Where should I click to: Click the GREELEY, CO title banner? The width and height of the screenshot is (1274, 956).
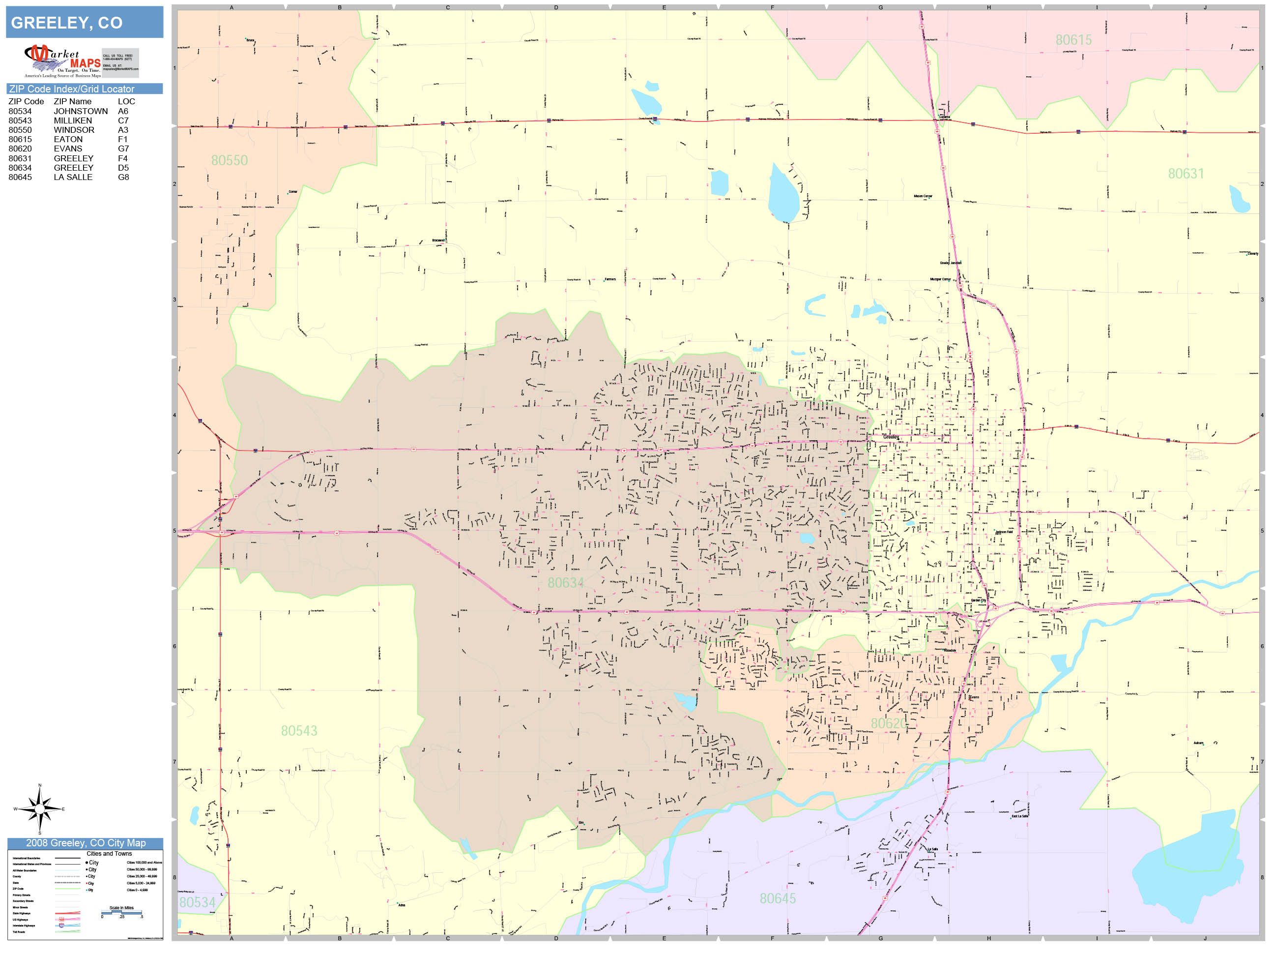[85, 23]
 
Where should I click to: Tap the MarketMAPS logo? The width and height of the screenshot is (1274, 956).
[62, 61]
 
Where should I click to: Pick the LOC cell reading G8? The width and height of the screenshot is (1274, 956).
[123, 178]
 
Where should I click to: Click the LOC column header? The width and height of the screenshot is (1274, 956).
[126, 101]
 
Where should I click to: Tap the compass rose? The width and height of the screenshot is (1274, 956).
[40, 809]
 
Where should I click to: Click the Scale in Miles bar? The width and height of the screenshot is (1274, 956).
[121, 912]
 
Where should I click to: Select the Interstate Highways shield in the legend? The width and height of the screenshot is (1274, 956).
[61, 926]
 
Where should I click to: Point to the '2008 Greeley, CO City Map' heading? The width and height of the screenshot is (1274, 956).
[85, 843]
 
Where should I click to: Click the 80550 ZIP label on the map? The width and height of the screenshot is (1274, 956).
[229, 160]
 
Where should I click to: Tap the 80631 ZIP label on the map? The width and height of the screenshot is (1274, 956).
[1186, 174]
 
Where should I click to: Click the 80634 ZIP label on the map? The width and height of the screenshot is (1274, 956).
[565, 583]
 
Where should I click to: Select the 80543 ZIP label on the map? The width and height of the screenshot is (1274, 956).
[299, 731]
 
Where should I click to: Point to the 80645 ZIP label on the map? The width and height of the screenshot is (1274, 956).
[777, 898]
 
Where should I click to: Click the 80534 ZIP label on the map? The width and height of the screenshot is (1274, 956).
[197, 902]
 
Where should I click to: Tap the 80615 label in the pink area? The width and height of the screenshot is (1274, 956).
[1073, 40]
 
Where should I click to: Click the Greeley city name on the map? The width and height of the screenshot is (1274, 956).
[891, 437]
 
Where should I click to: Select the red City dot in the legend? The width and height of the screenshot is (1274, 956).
[87, 883]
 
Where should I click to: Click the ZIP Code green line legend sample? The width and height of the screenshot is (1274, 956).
[67, 889]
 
